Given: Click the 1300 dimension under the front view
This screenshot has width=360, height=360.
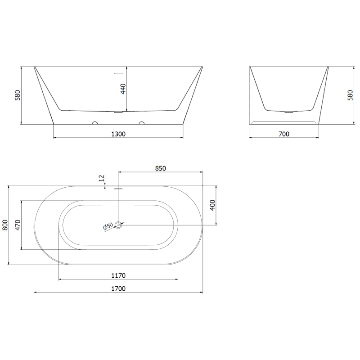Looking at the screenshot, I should coord(118,134).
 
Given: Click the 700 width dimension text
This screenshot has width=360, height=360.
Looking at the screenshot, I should coord(284,134).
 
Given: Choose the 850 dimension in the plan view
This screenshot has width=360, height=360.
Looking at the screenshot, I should coord(161,168).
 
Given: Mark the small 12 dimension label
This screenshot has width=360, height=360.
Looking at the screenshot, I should coord(102,179).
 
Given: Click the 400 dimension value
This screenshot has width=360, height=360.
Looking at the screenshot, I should coord(213,205).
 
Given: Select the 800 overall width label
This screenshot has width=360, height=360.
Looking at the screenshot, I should coord(5,225).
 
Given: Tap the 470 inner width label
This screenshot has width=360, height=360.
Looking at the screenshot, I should coord(18,225).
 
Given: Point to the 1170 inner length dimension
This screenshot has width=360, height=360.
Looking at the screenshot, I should coord(118,275).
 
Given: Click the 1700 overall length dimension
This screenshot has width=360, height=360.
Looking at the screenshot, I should coord(118,288).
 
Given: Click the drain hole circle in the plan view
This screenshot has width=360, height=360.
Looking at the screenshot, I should coord(119,225).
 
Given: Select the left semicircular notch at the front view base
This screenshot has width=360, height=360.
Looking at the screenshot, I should coord(95,122).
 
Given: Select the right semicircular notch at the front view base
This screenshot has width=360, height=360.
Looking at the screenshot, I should coord(142,122).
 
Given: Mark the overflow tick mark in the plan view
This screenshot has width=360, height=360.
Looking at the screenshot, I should coord(118,189).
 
